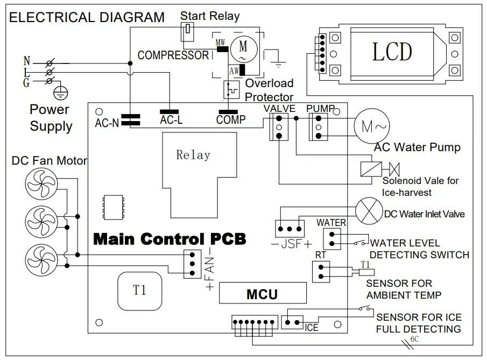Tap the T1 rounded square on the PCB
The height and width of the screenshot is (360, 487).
pos(139,290)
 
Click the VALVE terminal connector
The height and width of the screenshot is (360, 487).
pos(279,127)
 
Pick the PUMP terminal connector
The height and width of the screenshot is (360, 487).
pos(318,127)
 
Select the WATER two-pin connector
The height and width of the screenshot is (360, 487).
pos(332,238)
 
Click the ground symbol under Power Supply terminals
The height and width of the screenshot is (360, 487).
pos(62,92)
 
